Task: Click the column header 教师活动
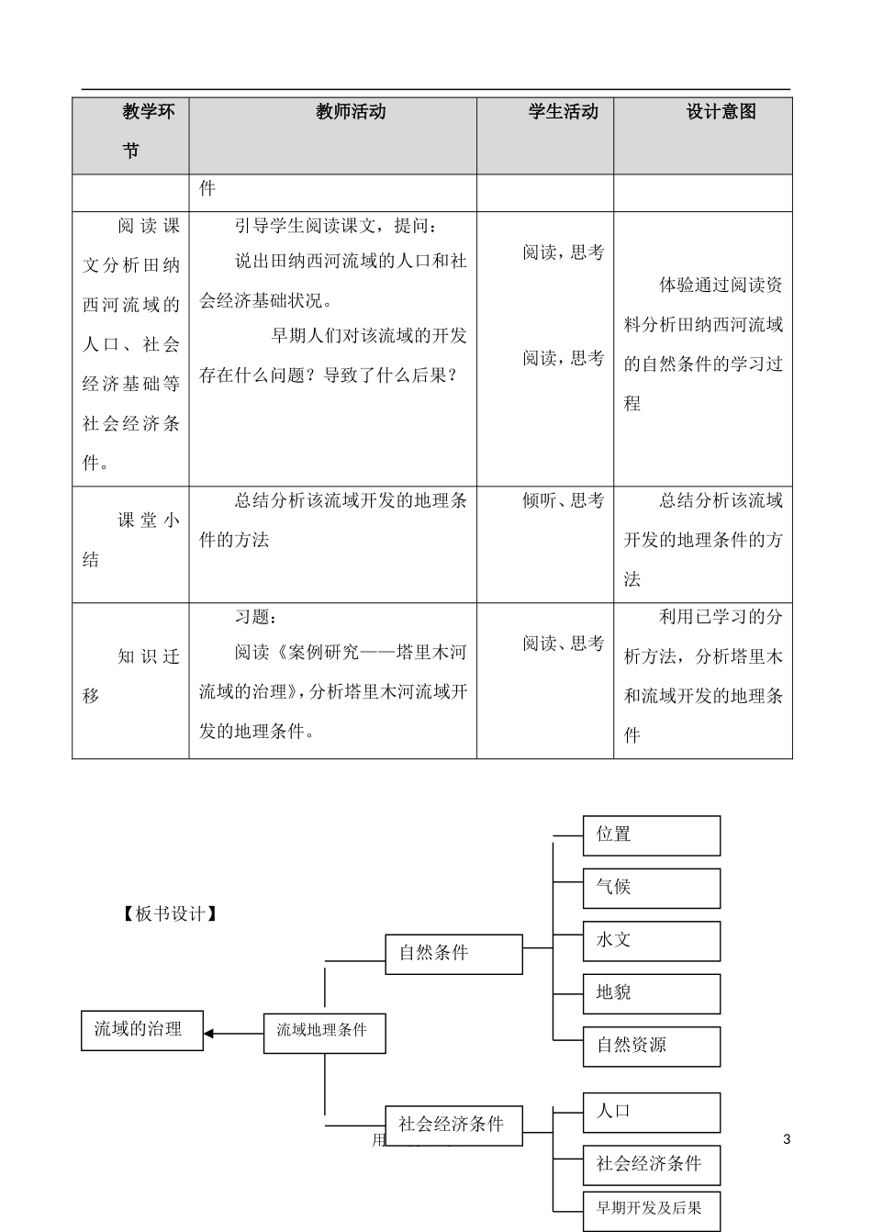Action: [351, 112]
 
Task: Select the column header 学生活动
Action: [563, 112]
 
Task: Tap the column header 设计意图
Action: [721, 112]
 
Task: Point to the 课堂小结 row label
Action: [130, 540]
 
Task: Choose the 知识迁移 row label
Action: [130, 676]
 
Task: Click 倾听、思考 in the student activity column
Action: [563, 501]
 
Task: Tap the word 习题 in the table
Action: [255, 618]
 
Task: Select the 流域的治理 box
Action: [142, 1029]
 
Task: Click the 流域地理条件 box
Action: [324, 1032]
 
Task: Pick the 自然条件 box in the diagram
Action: [453, 954]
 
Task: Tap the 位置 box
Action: [651, 834]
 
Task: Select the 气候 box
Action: [651, 888]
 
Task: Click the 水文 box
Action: [651, 941]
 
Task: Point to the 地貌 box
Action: [651, 993]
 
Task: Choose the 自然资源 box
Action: [651, 1046]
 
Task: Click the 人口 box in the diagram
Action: [651, 1112]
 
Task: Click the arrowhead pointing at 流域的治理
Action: [209, 1033]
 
